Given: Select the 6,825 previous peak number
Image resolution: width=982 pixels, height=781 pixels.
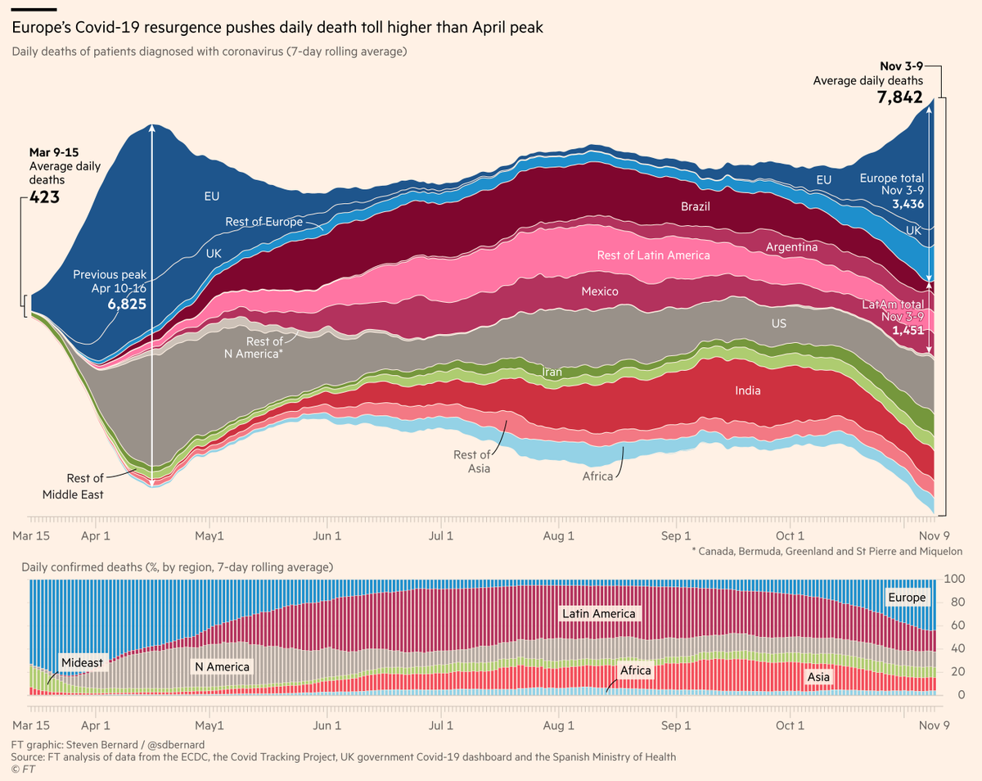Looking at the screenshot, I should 125,303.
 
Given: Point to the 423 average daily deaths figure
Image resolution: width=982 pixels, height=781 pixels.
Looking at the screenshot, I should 44,196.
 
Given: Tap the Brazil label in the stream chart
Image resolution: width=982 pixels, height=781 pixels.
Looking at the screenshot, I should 696,207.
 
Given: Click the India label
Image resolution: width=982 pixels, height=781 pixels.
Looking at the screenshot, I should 747,390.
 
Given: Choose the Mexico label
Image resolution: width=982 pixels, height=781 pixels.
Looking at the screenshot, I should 600,291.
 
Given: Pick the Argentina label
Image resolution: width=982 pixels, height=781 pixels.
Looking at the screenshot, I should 791,246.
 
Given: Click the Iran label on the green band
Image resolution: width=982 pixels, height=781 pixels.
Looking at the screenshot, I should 552,372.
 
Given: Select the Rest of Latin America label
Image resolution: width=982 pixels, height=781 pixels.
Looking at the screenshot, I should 654,255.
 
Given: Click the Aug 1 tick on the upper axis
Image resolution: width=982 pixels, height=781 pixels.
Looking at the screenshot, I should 560,536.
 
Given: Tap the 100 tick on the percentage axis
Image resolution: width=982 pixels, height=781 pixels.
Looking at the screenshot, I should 953,579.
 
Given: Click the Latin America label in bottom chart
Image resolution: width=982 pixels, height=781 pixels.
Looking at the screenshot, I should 598,613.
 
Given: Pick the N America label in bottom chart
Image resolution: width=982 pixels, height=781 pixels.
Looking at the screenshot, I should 221,666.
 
